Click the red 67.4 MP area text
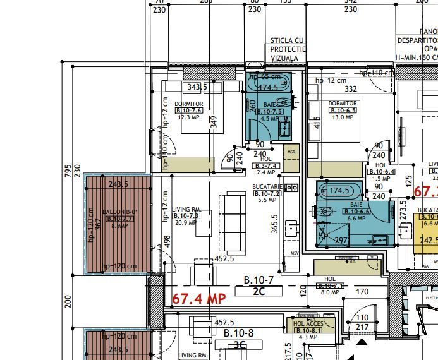pyautogui.click(x=199, y=298)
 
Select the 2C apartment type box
pyautogui.click(x=259, y=291)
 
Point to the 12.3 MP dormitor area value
pyautogui.click(x=189, y=117)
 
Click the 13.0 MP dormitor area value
pyautogui.click(x=343, y=117)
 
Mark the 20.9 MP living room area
pyautogui.click(x=186, y=223)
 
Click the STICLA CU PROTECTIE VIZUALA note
pyautogui.click(x=288, y=49)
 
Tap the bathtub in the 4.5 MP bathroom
pyautogui.click(x=269, y=82)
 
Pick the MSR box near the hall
pyautogui.click(x=291, y=152)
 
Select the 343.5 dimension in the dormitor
pyautogui.click(x=197, y=87)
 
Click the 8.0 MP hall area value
pyautogui.click(x=330, y=292)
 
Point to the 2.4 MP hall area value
pyautogui.click(x=267, y=172)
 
